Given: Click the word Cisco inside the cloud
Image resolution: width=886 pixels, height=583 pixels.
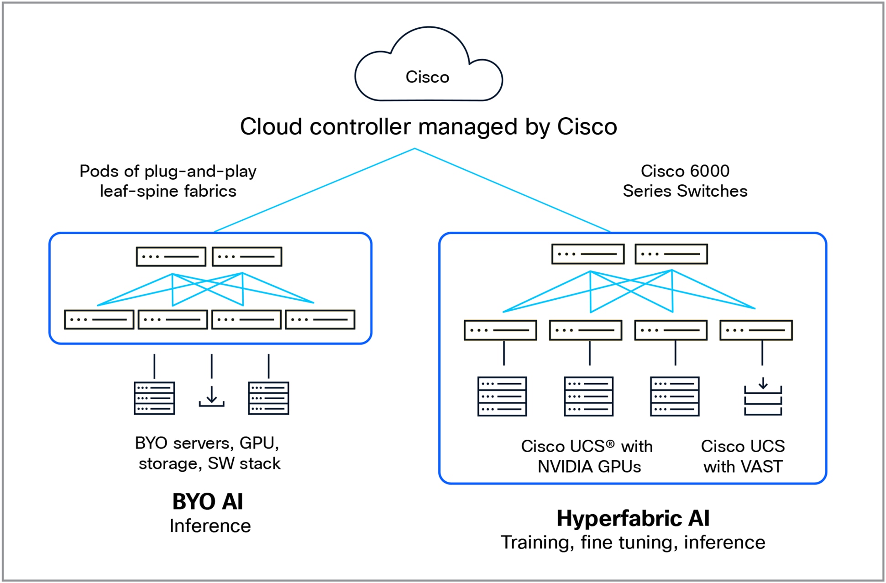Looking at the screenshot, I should (427, 77).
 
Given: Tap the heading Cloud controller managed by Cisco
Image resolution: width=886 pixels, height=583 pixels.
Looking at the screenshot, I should (428, 127).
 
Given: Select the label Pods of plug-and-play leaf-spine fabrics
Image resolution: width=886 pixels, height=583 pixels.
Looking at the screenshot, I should (168, 181).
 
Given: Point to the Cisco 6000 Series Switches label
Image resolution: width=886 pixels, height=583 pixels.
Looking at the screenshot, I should (685, 181).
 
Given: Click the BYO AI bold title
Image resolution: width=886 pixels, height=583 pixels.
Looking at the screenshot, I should (208, 502).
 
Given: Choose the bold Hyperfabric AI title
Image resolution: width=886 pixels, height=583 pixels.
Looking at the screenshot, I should (633, 518).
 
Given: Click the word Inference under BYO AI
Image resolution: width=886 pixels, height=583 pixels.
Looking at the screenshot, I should (210, 526).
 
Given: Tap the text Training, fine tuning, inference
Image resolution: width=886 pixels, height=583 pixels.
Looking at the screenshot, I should (633, 543).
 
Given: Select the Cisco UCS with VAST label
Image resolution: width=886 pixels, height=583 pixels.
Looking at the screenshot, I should (743, 456).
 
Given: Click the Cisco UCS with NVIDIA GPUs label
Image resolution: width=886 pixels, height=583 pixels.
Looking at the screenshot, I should (588, 456).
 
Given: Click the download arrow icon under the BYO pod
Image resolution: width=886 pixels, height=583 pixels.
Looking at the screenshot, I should (211, 396).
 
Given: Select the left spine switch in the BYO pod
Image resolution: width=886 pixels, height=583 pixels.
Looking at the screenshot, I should (171, 256).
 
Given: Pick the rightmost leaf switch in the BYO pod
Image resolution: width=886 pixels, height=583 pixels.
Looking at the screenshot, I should (320, 319).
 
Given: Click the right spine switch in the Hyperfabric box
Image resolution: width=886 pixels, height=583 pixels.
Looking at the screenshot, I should (671, 254).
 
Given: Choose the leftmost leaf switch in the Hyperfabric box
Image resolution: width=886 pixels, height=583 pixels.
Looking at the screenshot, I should (500, 330).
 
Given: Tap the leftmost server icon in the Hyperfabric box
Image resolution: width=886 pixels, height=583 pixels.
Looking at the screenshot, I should (502, 396).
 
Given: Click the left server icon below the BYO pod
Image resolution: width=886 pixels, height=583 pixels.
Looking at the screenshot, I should (154, 398).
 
